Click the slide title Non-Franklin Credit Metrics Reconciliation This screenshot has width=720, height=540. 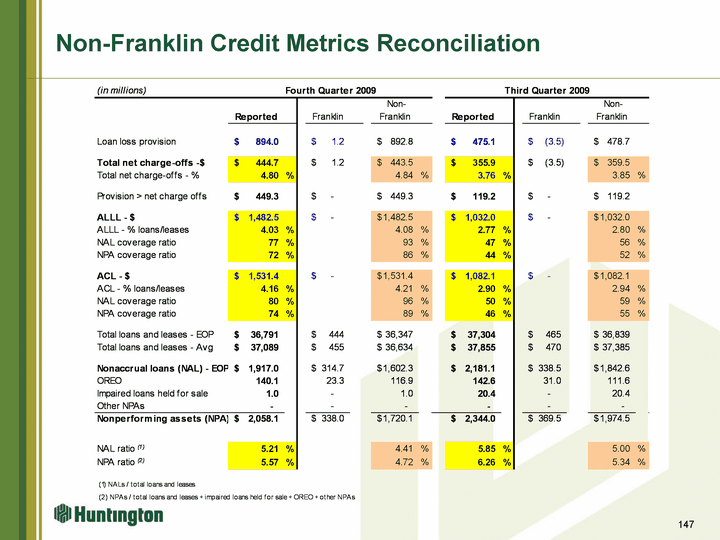(x=297, y=43)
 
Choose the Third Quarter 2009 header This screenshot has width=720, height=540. (x=547, y=90)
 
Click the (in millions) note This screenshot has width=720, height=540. (x=122, y=90)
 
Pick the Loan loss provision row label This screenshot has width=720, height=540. (x=138, y=142)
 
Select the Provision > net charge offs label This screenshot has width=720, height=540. (x=151, y=196)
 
